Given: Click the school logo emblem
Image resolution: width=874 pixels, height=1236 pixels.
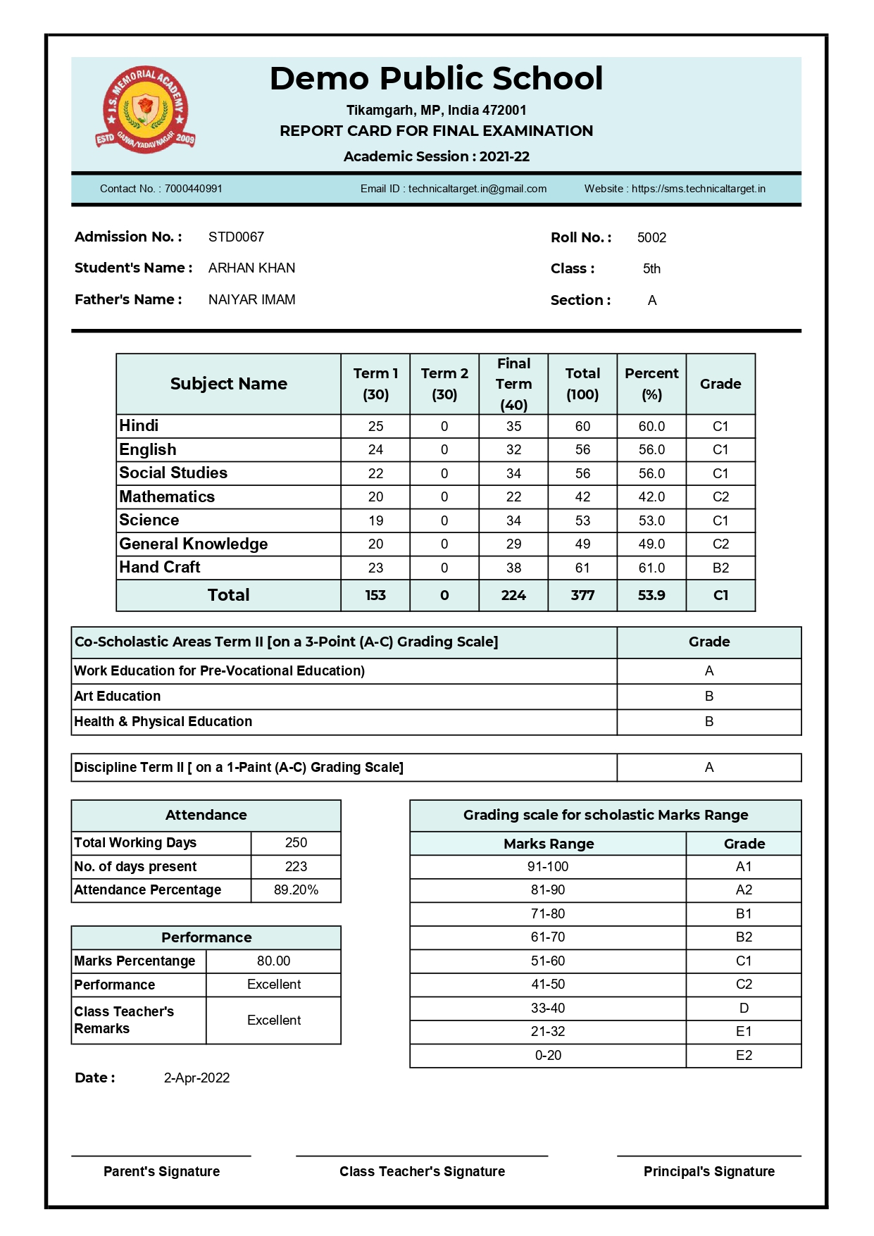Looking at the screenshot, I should click(145, 110).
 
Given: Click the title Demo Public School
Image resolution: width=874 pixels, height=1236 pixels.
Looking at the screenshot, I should click(436, 79).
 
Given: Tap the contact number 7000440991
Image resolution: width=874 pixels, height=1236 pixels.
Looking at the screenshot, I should click(193, 189).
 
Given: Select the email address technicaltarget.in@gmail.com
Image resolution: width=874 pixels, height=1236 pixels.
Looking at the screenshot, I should click(477, 189).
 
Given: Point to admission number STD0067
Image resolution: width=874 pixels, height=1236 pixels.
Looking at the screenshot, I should click(236, 237).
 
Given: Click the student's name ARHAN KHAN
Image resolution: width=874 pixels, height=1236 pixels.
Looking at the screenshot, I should click(251, 268).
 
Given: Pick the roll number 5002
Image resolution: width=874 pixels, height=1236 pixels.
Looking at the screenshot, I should click(651, 238).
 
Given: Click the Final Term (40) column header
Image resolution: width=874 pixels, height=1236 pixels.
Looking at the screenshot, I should click(513, 384).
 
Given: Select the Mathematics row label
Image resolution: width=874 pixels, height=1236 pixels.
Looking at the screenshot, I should click(167, 497).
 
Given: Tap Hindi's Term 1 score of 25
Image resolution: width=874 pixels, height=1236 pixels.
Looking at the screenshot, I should click(375, 427).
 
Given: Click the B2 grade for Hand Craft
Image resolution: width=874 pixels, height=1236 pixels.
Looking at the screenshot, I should click(720, 568).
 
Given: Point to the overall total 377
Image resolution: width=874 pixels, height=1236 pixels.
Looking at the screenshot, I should click(582, 596).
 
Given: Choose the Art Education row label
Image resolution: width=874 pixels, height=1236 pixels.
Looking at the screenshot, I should click(118, 697).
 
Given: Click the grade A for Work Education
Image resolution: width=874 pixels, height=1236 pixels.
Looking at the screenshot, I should click(708, 671).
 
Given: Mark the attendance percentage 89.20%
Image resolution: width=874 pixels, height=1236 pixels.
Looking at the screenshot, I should click(296, 890).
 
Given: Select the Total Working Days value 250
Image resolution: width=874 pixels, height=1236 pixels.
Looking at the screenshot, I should click(296, 843).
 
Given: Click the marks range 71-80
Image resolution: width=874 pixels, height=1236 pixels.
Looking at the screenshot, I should click(548, 914).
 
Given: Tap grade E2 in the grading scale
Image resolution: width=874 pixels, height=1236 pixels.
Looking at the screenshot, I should click(744, 1056).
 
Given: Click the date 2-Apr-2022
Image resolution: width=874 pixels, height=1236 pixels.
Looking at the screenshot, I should click(196, 1078).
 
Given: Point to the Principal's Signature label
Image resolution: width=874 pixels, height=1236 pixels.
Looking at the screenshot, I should click(708, 1172).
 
